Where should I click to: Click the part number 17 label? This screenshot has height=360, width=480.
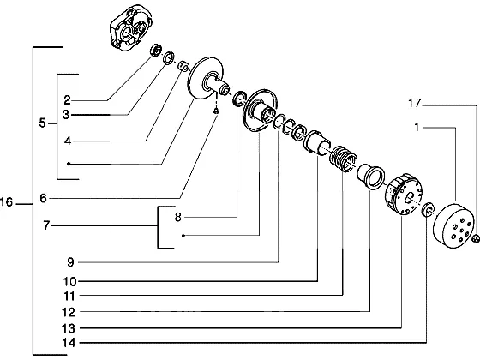tap(415, 103)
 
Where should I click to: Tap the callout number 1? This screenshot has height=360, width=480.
tap(417, 127)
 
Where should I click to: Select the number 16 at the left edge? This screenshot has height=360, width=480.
tap(6, 202)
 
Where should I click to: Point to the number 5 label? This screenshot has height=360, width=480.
tap(42, 123)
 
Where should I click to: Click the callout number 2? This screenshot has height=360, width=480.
tap(67, 100)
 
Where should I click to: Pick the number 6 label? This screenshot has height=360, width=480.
tap(43, 198)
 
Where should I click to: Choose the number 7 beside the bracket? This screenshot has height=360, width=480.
tap(46, 225)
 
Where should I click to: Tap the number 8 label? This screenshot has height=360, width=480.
tap(178, 218)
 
